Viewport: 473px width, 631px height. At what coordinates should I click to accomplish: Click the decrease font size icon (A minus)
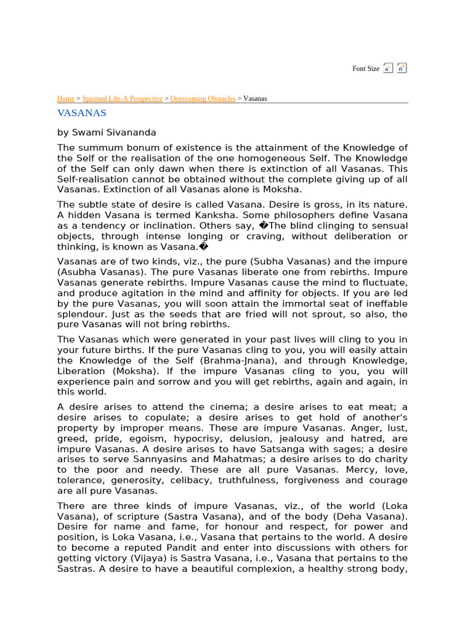388,68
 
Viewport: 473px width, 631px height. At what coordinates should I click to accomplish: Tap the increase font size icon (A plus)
402,68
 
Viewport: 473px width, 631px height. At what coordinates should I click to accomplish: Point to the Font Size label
366,69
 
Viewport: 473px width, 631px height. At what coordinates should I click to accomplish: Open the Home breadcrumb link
65,99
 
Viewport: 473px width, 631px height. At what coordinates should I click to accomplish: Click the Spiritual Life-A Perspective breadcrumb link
123,99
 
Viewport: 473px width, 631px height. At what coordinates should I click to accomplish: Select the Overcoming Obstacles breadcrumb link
203,99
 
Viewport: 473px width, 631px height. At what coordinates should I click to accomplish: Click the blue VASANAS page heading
82,113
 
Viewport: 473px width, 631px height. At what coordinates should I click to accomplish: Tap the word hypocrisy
198,439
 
